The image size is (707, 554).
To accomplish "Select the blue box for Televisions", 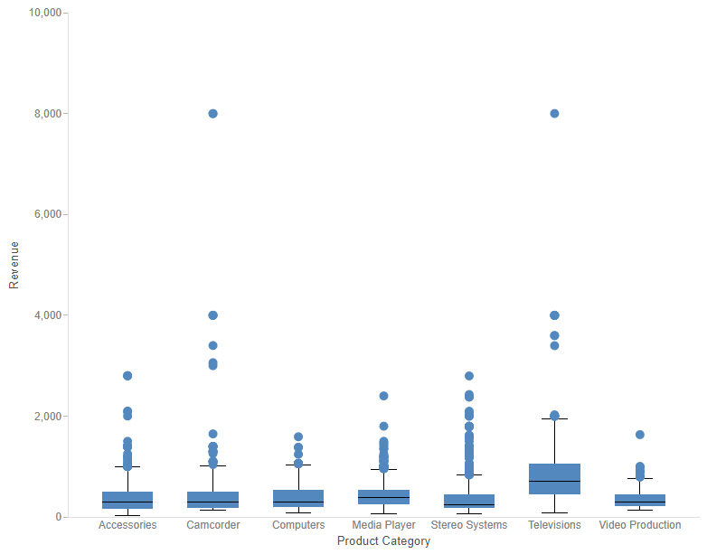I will [x=554, y=479].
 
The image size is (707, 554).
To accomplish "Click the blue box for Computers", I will [x=298, y=498].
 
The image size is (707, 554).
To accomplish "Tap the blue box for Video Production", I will [x=640, y=500].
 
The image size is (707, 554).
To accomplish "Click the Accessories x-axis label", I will [x=127, y=525].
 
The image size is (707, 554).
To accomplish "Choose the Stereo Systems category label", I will [x=469, y=525].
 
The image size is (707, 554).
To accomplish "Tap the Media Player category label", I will [x=383, y=525].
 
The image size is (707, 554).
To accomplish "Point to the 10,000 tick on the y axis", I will [x=45, y=13].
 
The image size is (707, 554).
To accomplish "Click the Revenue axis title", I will [x=14, y=265].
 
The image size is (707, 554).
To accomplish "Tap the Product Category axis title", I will [x=383, y=541].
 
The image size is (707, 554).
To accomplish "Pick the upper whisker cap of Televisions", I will [x=554, y=418].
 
